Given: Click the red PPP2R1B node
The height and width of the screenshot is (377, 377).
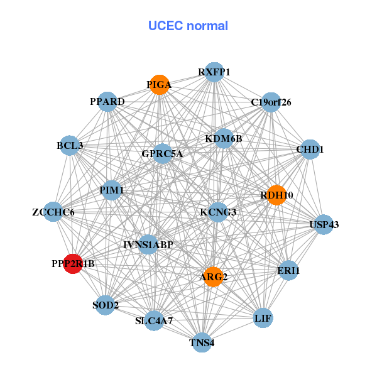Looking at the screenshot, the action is click(x=74, y=264).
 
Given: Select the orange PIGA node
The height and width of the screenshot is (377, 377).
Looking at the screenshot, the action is click(x=160, y=85).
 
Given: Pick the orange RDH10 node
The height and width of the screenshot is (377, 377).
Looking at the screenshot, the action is click(x=276, y=195).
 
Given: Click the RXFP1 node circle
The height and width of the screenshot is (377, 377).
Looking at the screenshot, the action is click(x=214, y=72).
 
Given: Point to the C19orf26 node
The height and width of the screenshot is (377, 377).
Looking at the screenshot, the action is click(x=271, y=102).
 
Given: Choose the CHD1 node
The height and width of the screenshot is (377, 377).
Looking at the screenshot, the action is click(x=310, y=150).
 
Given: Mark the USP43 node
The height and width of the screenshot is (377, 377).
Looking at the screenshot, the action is click(x=324, y=224).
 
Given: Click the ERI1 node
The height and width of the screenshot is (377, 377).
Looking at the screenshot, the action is click(x=288, y=270).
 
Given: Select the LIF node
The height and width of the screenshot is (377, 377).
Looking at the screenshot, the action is click(x=263, y=319).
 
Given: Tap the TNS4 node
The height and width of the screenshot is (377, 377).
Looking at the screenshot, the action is click(x=202, y=342).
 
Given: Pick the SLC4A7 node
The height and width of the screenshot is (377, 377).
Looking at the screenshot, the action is click(x=154, y=320).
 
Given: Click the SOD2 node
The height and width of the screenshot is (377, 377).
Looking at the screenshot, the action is click(x=106, y=305).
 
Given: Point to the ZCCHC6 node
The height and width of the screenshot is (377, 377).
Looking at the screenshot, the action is click(x=53, y=212).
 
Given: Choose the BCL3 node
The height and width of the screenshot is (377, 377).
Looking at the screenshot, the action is click(x=70, y=146).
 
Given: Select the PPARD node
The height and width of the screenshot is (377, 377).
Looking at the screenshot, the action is click(x=107, y=102).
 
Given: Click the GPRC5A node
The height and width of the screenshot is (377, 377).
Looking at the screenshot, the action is click(x=162, y=153).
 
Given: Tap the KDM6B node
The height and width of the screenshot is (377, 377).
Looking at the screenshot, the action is click(x=224, y=138).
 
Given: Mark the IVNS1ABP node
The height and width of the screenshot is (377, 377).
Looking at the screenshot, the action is click(x=148, y=244).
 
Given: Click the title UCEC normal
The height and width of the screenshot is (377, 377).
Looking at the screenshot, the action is click(x=188, y=26).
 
